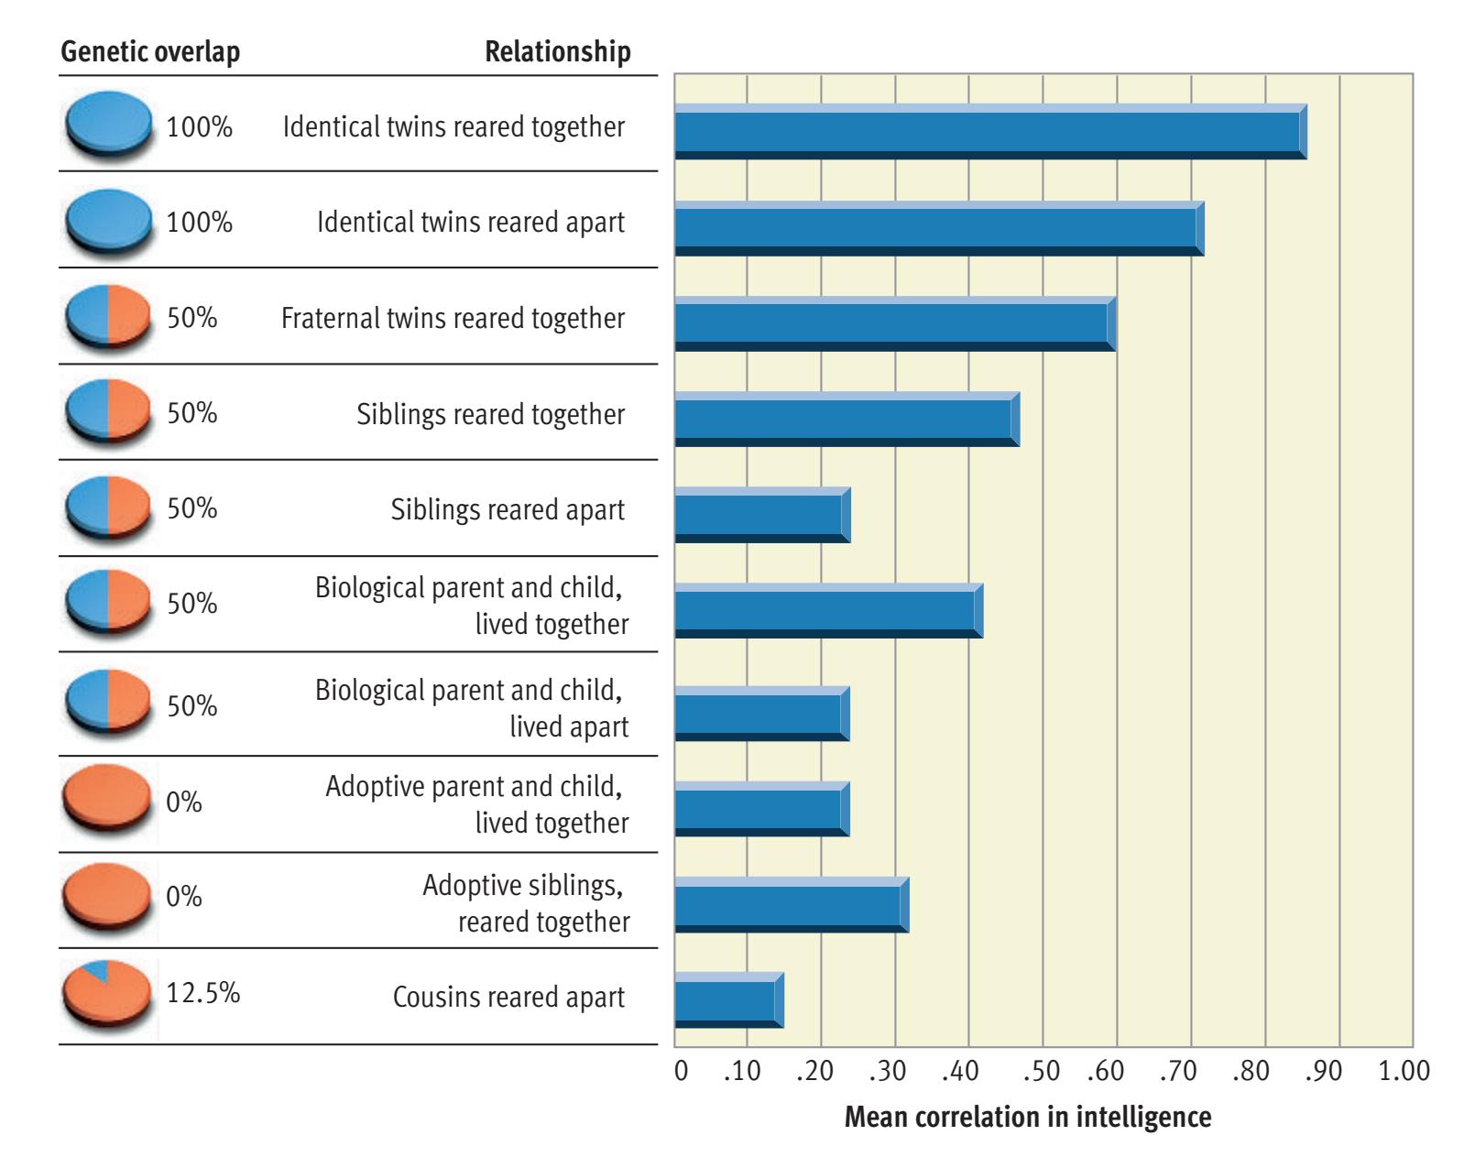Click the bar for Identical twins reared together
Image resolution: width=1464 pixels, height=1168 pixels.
(989, 131)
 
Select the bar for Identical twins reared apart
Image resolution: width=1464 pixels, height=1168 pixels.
(938, 227)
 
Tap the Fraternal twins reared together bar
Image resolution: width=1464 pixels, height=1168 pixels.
(894, 323)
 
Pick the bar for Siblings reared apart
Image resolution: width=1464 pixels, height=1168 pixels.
(762, 515)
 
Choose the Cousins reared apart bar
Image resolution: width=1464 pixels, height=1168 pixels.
(728, 999)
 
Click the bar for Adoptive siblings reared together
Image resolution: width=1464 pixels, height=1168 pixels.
(791, 904)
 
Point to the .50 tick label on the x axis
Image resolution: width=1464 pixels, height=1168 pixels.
(1042, 1071)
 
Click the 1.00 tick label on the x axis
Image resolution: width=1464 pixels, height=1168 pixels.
(1404, 1071)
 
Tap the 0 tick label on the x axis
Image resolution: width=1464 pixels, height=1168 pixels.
(681, 1071)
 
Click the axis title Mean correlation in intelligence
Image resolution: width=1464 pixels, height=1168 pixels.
(1027, 1118)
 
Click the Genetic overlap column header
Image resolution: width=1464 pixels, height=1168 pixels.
(150, 51)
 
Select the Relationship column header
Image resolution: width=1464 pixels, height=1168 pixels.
(557, 51)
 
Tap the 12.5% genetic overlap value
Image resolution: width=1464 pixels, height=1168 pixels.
(202, 992)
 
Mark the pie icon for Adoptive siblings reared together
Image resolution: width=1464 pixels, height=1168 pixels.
(107, 897)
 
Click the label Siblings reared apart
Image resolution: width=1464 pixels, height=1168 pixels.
(508, 509)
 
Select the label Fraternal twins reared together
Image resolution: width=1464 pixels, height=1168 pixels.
(453, 318)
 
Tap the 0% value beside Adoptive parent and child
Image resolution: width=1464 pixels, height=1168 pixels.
(183, 802)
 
